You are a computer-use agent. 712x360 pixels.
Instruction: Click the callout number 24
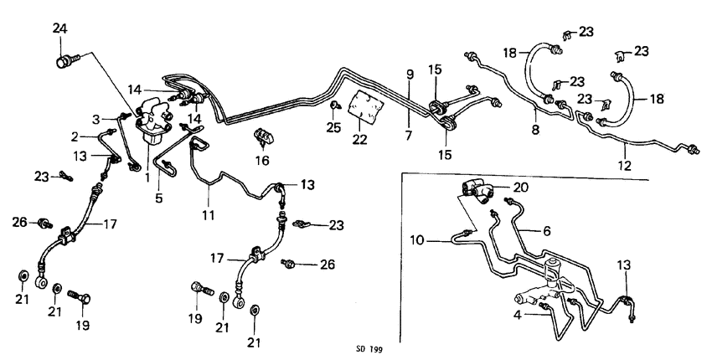[x=59, y=29]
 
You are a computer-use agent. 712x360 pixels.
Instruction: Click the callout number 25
[x=334, y=126]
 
